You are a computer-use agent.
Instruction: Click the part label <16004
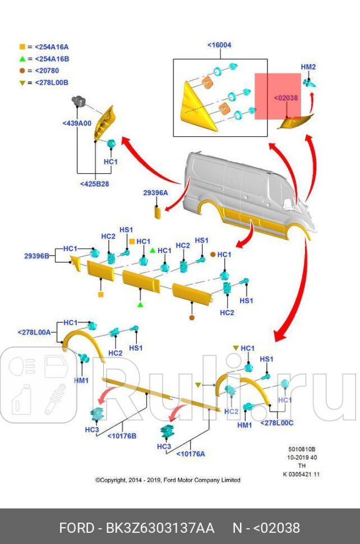pyautogui.click(x=219, y=45)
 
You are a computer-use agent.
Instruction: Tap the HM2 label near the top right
pyautogui.click(x=308, y=67)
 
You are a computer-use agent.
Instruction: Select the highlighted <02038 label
pyautogui.click(x=285, y=98)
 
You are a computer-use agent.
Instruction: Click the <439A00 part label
pyautogui.click(x=76, y=123)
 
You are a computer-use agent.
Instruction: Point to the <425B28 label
pyautogui.click(x=94, y=183)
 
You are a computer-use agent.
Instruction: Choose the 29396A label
pyautogui.click(x=155, y=192)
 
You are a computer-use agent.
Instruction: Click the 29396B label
pyautogui.click(x=36, y=256)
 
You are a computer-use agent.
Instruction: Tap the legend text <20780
pyautogui.click(x=47, y=71)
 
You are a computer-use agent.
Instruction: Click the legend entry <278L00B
pyautogui.click(x=52, y=82)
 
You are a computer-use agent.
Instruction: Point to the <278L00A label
pyautogui.click(x=34, y=332)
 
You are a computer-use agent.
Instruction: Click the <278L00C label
pyautogui.click(x=276, y=423)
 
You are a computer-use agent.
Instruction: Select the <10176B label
pyautogui.click(x=121, y=436)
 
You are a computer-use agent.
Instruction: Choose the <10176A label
pyautogui.click(x=191, y=454)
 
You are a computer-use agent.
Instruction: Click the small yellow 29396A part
pyautogui.click(x=158, y=212)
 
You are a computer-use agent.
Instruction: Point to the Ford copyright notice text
pyautogui.click(x=168, y=480)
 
